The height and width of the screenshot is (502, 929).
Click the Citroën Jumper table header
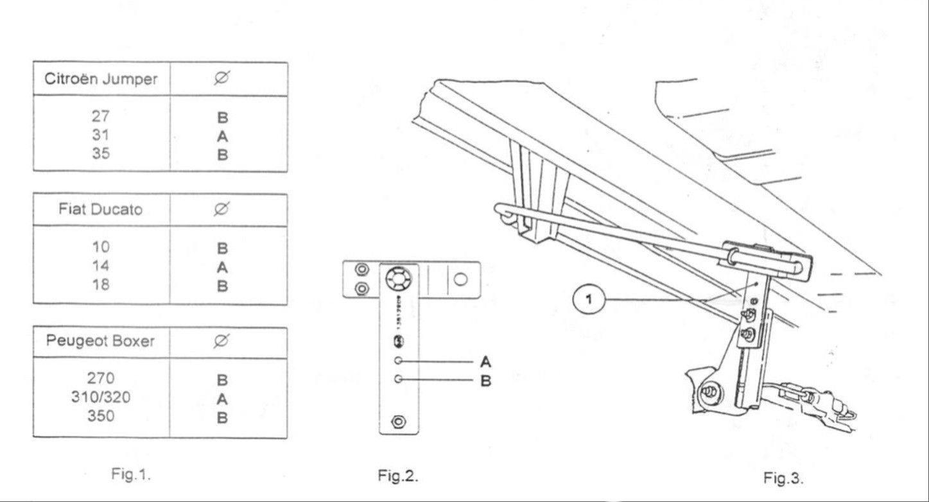[x=101, y=80]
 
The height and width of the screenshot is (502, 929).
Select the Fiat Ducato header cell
[x=101, y=210]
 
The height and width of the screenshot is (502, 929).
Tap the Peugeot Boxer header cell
[x=100, y=341]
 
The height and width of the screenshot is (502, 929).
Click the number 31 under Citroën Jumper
[x=101, y=135]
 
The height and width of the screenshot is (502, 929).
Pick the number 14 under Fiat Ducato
[x=101, y=266]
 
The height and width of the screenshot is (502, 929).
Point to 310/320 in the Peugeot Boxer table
[x=101, y=397]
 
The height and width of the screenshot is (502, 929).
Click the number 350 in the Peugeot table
[x=101, y=416]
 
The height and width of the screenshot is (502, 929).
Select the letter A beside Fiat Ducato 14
[x=222, y=266]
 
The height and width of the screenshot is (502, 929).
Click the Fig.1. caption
[x=131, y=474]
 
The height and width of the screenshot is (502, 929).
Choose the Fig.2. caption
[x=398, y=476]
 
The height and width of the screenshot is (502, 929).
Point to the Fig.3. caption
[x=783, y=478]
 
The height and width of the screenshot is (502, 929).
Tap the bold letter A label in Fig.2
[x=486, y=362]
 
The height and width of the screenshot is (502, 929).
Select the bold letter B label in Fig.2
[x=486, y=381]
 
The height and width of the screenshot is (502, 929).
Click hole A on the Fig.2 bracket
[x=398, y=361]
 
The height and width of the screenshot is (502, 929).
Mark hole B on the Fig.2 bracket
[x=398, y=379]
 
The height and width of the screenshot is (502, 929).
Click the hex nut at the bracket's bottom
[x=398, y=422]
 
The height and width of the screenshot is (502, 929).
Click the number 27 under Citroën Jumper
[x=101, y=117]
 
